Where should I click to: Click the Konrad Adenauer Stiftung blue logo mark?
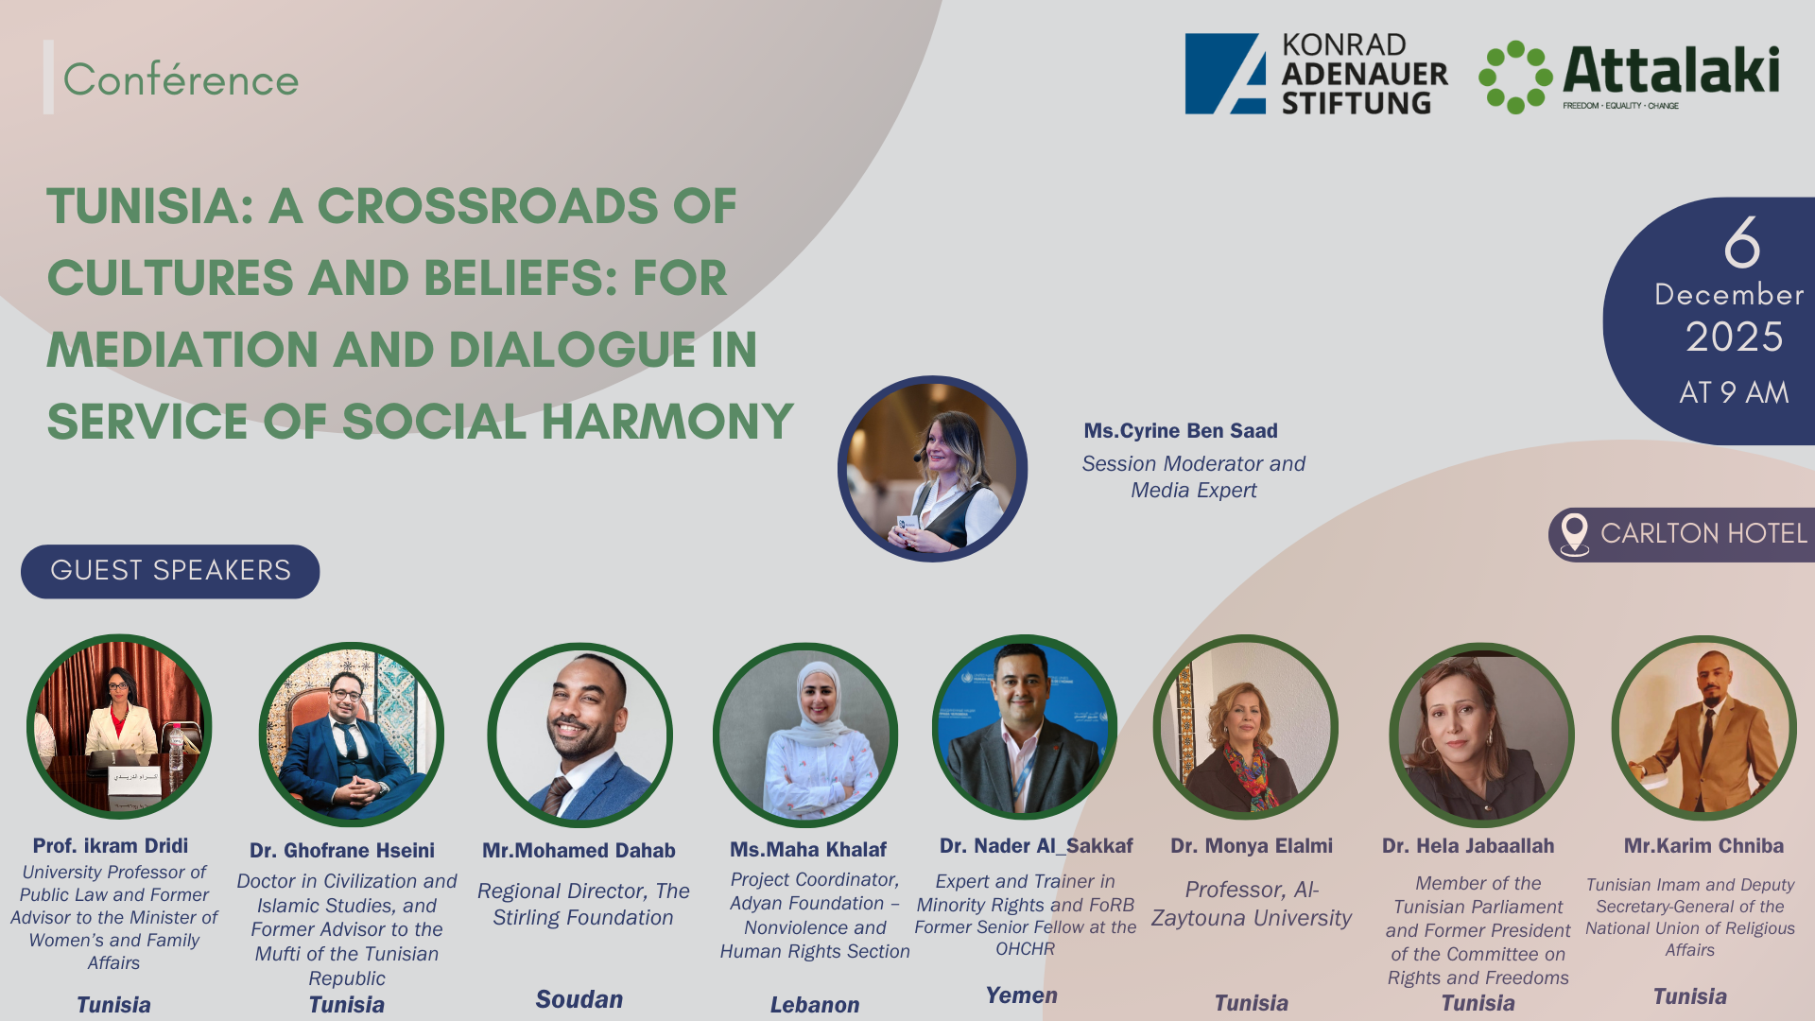click(x=1225, y=74)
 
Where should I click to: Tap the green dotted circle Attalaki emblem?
click(x=1515, y=77)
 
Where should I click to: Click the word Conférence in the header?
click(x=181, y=79)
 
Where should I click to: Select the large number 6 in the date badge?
click(x=1741, y=242)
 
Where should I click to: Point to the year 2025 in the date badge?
click(x=1734, y=337)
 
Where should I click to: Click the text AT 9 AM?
click(x=1734, y=392)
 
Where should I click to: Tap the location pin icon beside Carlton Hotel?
click(x=1574, y=535)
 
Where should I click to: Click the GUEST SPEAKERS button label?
click(x=170, y=571)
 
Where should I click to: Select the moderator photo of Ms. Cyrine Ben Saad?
click(x=932, y=469)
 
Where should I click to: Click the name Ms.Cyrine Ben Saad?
click(x=1181, y=431)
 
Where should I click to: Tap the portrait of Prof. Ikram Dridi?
click(x=119, y=727)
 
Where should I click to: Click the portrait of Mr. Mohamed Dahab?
click(x=580, y=735)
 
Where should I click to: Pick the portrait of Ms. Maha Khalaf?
click(x=805, y=735)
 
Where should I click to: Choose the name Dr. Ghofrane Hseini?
click(x=342, y=851)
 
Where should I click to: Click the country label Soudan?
click(x=579, y=999)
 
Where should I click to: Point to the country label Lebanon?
click(x=815, y=1005)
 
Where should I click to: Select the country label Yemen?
click(x=1022, y=995)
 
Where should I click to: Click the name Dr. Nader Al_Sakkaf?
click(x=1036, y=846)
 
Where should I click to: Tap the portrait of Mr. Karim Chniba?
click(x=1704, y=728)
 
